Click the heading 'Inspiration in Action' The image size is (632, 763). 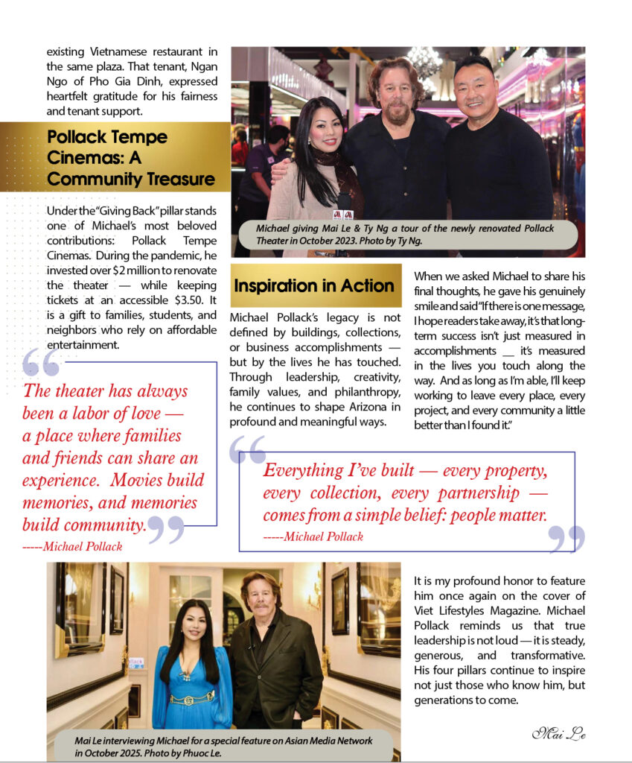pos(314,286)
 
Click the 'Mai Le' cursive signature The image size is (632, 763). pos(558,733)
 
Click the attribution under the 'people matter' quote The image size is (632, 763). pos(313,536)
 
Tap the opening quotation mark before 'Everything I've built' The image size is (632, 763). pos(247,449)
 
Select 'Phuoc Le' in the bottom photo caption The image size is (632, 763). pos(205,753)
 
